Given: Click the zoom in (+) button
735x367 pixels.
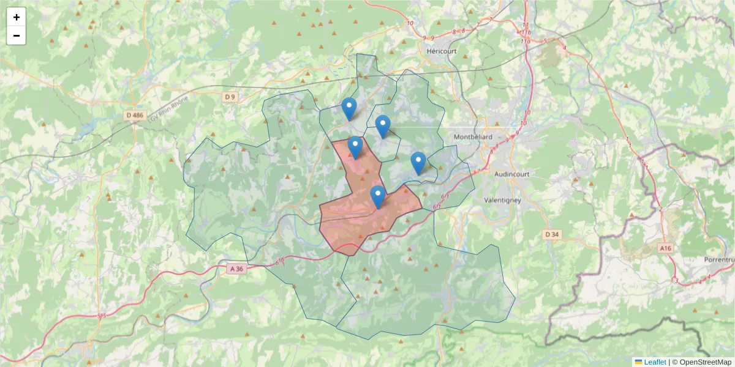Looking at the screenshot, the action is pyautogui.click(x=17, y=17).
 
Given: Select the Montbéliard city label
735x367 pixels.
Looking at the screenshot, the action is pyautogui.click(x=473, y=137).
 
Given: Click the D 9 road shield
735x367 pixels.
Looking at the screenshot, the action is pyautogui.click(x=230, y=97).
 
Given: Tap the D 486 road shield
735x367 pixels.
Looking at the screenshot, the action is pyautogui.click(x=134, y=115).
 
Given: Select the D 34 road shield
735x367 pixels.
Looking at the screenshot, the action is pyautogui.click(x=552, y=234).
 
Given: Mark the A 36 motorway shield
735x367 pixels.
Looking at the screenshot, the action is pyautogui.click(x=236, y=269).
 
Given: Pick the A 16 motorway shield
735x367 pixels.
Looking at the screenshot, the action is pyautogui.click(x=666, y=248).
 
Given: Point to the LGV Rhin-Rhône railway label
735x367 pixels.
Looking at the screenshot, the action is pyautogui.click(x=167, y=108).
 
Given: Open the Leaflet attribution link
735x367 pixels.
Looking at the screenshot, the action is pyautogui.click(x=655, y=362).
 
